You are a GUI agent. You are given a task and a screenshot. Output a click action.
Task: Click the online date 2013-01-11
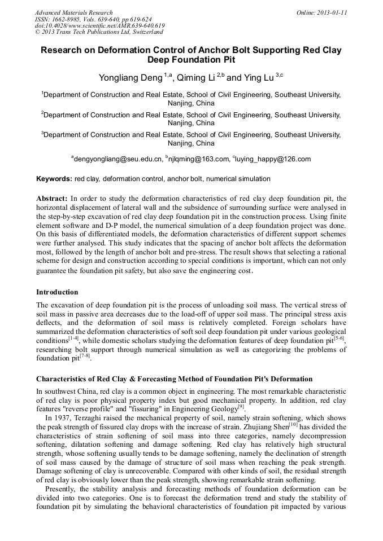pyautogui.click(x=332, y=12)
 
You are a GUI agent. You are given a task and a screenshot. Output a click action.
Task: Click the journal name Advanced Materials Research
pyautogui.click(x=73, y=12)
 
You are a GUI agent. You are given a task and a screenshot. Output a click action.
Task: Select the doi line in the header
pyautogui.click(x=99, y=26)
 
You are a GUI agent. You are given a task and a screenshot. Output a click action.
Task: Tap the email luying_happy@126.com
pyautogui.click(x=273, y=159)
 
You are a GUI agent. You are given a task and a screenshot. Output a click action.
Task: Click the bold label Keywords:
pyautogui.click(x=54, y=179)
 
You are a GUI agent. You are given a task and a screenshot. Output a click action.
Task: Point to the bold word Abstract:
pyautogui.click(x=52, y=199)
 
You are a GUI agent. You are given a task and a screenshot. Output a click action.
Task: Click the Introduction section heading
pyautogui.click(x=57, y=292)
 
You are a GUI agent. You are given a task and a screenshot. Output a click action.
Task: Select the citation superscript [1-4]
pyautogui.click(x=73, y=338)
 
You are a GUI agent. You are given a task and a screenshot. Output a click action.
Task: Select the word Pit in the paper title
pyautogui.click(x=225, y=59)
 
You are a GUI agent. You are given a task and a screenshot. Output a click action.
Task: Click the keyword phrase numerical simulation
pyautogui.click(x=238, y=179)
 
